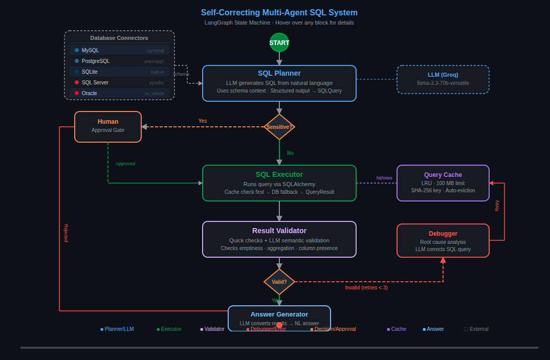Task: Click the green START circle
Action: coord(279,42)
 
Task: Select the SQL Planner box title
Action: coord(279,73)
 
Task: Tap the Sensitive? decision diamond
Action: coord(279,127)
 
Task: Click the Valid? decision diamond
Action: coord(279,282)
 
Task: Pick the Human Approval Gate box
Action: coord(108,126)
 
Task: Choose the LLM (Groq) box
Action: coord(443,79)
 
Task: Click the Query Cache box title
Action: coord(443,175)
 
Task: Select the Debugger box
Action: coord(443,240)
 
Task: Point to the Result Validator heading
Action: coord(279,231)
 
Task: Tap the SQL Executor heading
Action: coord(279,174)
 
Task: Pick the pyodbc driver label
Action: coord(157,83)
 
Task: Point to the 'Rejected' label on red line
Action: coord(65,233)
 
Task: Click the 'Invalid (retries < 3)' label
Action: coord(366,287)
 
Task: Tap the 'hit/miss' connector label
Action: coord(384,178)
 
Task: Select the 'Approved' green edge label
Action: coord(125,164)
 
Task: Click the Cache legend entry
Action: coord(397,329)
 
